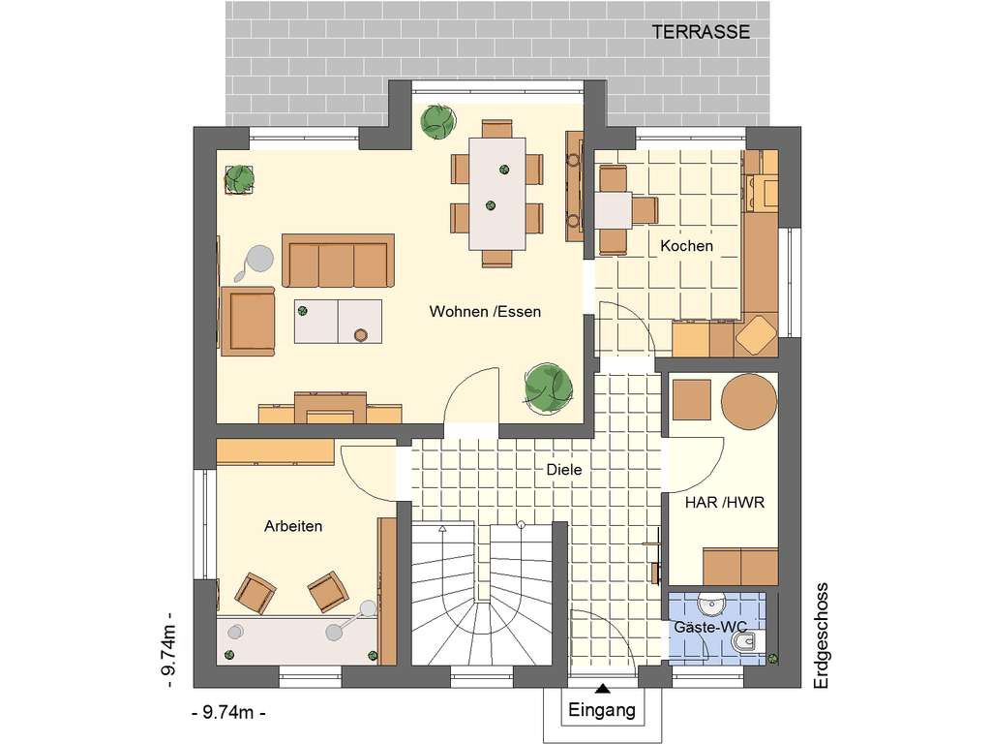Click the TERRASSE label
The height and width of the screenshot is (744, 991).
pos(701,31)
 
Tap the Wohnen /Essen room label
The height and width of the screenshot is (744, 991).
pos(485,312)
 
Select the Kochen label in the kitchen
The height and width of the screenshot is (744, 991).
pos(686,246)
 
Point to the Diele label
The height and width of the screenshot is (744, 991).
pos(564,469)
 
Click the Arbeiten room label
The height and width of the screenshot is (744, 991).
pos(293,526)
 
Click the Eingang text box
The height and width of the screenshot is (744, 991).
pos(602,710)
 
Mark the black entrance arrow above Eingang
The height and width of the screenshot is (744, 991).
pos(603,689)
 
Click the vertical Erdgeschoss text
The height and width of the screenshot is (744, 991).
pos(823,635)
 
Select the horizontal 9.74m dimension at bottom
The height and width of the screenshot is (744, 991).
pos(229,713)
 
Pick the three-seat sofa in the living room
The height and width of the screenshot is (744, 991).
pos(338,261)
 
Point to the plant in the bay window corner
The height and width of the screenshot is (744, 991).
pos(436,120)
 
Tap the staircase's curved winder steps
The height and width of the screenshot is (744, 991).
pos(482,629)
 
